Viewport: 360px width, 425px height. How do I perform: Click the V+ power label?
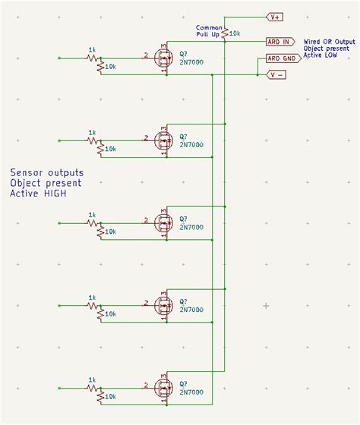274,16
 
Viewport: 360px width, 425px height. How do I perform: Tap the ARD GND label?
281,58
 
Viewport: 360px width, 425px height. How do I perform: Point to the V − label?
276,74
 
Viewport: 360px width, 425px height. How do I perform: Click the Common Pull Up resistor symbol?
225,33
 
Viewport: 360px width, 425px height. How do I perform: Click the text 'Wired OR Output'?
329,42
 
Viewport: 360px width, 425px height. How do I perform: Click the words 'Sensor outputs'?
47,173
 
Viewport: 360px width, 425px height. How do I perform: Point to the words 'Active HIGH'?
39,194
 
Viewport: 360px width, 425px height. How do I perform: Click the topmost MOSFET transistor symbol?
163,58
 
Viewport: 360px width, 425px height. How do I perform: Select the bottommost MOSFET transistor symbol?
163,388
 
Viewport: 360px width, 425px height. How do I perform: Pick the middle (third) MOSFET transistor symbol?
163,223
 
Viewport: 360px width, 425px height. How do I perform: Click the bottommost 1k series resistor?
93,388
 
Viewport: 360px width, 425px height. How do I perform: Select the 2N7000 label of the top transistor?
191,62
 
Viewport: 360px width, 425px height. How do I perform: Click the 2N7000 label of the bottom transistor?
191,392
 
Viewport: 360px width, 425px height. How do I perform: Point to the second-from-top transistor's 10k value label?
111,149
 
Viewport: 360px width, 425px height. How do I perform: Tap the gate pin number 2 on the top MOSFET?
145,55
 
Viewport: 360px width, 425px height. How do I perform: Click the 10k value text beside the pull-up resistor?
235,33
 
